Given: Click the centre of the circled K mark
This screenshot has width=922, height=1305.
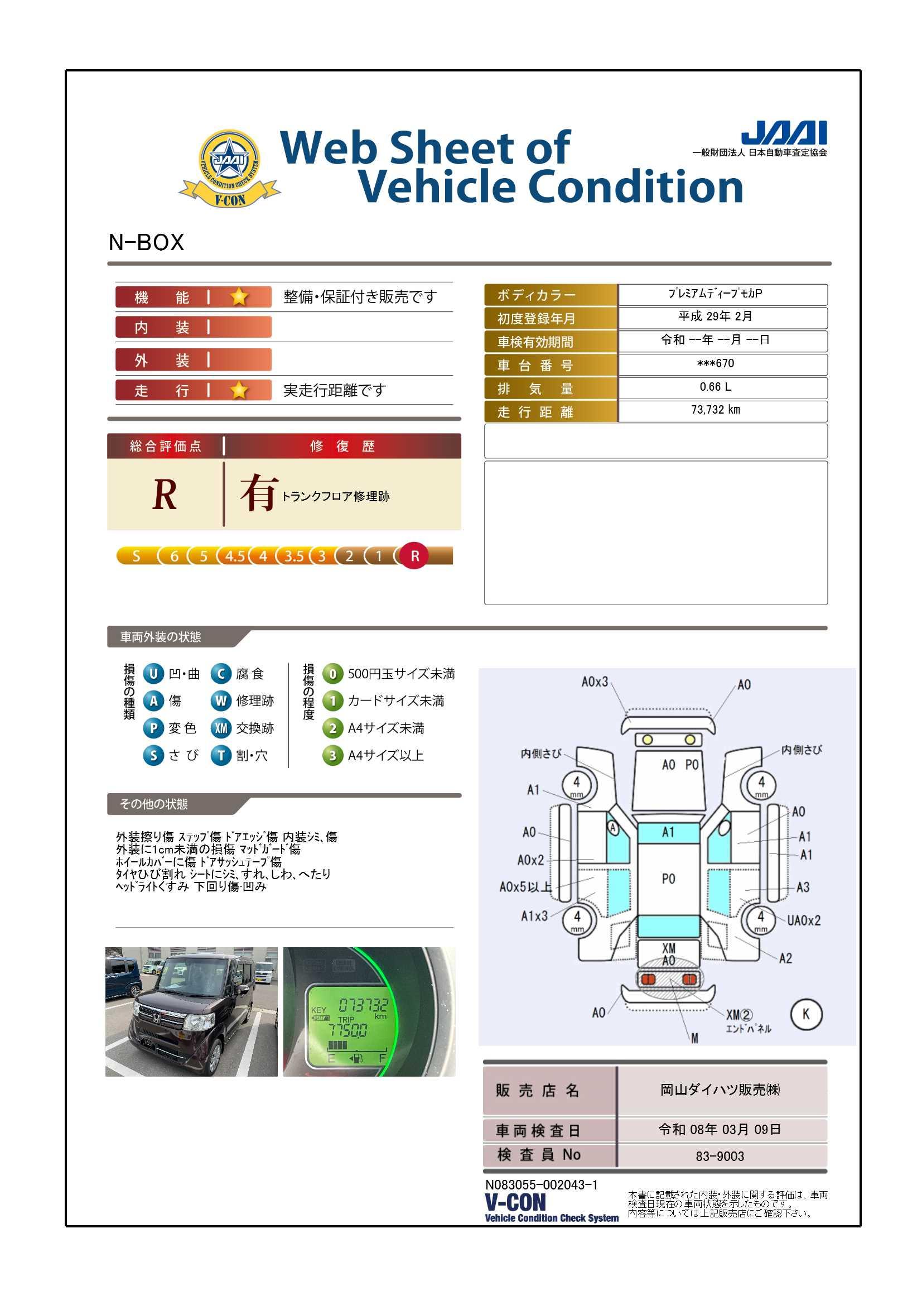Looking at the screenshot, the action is click(805, 1014).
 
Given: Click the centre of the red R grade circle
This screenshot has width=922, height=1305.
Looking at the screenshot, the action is click(414, 556).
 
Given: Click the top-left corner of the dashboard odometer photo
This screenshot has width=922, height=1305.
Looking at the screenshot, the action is click(283, 947).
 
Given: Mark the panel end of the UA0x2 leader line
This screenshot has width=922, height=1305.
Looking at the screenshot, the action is click(740, 899).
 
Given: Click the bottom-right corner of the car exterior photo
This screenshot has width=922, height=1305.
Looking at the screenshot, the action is click(278, 1077).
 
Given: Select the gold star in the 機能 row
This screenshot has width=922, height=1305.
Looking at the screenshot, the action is click(239, 296).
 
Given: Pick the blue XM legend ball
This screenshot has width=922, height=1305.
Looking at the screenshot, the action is click(221, 728).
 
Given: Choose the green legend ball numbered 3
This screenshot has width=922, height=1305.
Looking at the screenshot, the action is click(332, 755).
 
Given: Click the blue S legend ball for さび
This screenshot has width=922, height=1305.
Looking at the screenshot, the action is click(153, 755).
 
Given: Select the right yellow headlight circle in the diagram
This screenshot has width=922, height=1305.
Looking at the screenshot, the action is click(689, 740).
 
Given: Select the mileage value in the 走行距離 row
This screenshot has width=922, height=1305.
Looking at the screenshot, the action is click(715, 410).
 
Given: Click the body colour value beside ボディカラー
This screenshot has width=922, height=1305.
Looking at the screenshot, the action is click(715, 293).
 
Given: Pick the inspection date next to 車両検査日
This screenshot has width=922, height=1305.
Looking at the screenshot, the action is click(720, 1129).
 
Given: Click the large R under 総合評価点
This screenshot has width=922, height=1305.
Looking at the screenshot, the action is click(165, 495).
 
